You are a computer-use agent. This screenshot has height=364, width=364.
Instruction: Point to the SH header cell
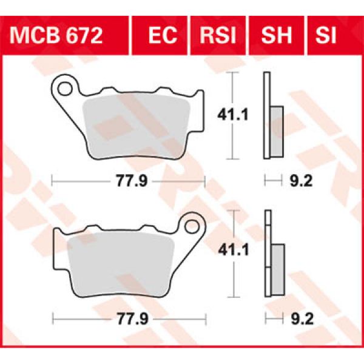point(277,35)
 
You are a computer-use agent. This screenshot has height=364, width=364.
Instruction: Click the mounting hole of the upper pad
point(64,87)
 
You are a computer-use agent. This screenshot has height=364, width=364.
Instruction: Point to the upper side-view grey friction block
point(276,130)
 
